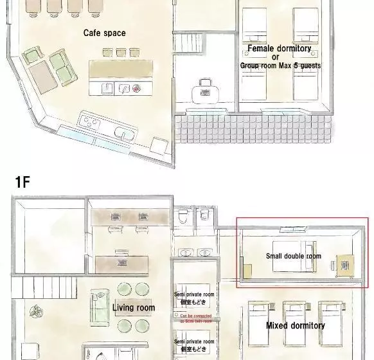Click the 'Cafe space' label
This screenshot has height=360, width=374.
coord(104,33)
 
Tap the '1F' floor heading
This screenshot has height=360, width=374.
coord(22,182)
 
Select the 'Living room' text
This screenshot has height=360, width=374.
coord(134,308)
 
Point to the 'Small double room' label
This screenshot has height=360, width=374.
coord(293,256)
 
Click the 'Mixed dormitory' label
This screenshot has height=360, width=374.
coord(296,325)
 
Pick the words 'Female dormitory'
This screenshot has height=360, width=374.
coord(280,48)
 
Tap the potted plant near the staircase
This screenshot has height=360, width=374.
coord(32,309)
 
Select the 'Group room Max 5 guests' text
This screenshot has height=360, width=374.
coord(280,66)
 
